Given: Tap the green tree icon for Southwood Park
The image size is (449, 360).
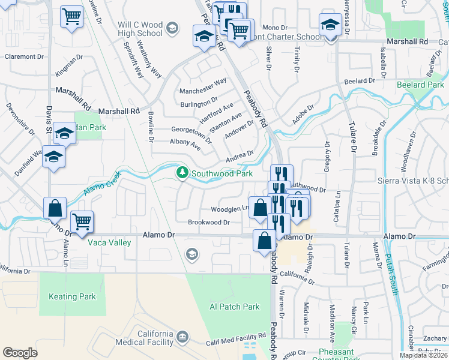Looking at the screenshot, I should pyautogui.click(x=182, y=173).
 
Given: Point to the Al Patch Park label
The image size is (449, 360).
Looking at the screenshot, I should pyautogui.click(x=234, y=307).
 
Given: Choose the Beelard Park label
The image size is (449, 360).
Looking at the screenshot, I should pyautogui.click(x=421, y=85).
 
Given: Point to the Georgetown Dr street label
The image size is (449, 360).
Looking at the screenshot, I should pyautogui.click(x=191, y=133).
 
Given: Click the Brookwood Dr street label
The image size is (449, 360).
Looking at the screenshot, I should pyautogui.click(x=209, y=222).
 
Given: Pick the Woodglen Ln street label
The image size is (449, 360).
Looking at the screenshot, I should pyautogui.click(x=229, y=209).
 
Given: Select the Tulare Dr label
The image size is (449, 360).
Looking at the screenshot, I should pyautogui.click(x=352, y=137).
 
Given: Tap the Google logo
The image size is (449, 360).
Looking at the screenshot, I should pyautogui.click(x=20, y=352).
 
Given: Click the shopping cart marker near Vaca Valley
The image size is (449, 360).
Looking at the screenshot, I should pyautogui.click(x=82, y=221).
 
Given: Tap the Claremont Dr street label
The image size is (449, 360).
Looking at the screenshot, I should pyautogui.click(x=25, y=56).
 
